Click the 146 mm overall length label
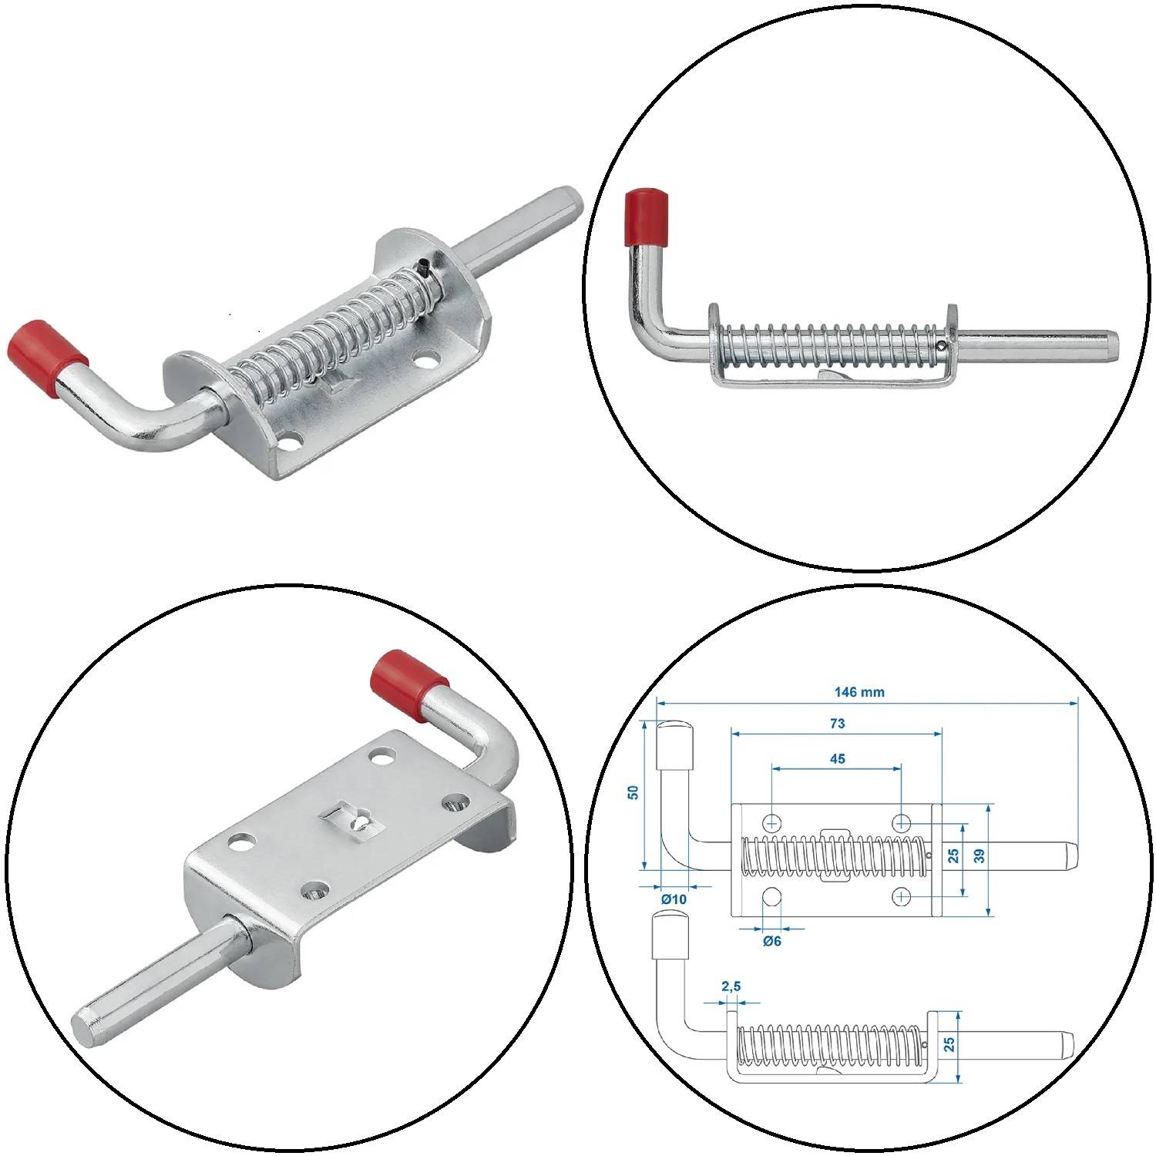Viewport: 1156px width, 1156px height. click(859, 692)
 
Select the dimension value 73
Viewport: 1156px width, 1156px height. click(837, 724)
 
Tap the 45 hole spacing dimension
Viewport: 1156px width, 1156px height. click(837, 759)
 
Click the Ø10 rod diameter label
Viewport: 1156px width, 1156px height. click(673, 899)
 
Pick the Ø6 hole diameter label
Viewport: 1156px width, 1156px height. click(771, 941)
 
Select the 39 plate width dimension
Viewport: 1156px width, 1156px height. click(979, 857)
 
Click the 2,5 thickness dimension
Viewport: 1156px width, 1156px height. click(731, 986)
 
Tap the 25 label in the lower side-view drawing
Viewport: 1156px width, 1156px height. click(949, 1043)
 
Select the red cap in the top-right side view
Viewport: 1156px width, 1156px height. click(646, 217)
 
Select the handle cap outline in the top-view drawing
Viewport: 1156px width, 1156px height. click(674, 744)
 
